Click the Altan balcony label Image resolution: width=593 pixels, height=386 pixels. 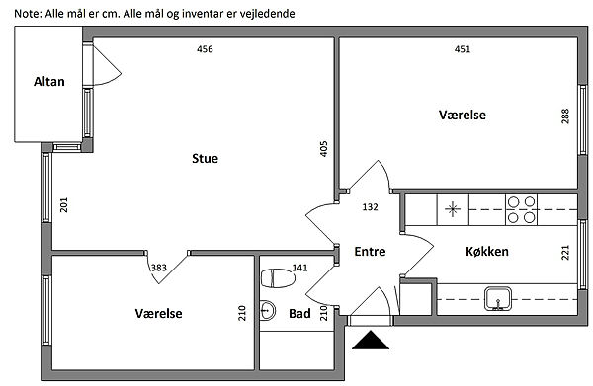(49, 82)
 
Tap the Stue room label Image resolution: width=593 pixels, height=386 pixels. (205, 158)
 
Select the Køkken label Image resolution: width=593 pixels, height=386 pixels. (487, 251)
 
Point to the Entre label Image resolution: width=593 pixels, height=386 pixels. (370, 251)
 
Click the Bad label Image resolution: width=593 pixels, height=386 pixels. (299, 314)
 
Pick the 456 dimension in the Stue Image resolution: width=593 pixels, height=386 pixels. (205, 49)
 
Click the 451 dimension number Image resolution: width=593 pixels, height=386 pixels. (463, 49)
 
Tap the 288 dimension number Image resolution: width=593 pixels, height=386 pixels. (565, 116)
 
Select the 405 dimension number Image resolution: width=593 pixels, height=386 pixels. (324, 149)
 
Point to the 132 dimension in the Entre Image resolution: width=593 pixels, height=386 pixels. (370, 207)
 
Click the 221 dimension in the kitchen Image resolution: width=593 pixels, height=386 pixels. (565, 253)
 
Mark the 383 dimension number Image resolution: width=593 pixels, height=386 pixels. (159, 268)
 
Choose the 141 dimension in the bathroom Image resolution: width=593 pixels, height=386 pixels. (299, 268)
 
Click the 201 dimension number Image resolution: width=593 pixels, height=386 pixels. (64, 205)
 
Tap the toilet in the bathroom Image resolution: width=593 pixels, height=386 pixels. (278, 278)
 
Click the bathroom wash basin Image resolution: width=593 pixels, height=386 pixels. (268, 310)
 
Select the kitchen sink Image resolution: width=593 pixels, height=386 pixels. (498, 299)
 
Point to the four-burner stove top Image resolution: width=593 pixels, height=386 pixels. (521, 210)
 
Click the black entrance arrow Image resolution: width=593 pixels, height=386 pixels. (371, 340)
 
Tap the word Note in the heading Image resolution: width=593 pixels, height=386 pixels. (26, 14)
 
